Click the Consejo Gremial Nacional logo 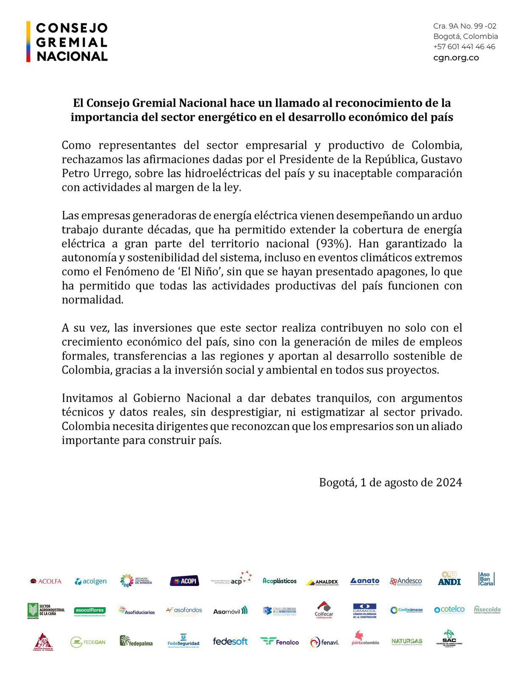coord(67,42)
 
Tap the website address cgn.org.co coord(456,58)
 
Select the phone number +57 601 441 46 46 coord(464,47)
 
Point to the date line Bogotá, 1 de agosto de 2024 coord(390,483)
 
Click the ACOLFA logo coord(46,581)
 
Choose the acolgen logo coord(91,581)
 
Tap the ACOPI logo coord(184,581)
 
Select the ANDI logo coord(449,579)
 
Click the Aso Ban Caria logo coord(486,579)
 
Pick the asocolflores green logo coord(89,611)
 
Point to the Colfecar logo coord(324,610)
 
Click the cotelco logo coord(449,609)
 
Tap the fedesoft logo coord(230,642)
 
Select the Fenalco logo coord(279,642)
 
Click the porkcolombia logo coord(365,638)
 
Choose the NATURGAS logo coord(407,642)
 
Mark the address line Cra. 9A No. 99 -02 coord(465,26)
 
